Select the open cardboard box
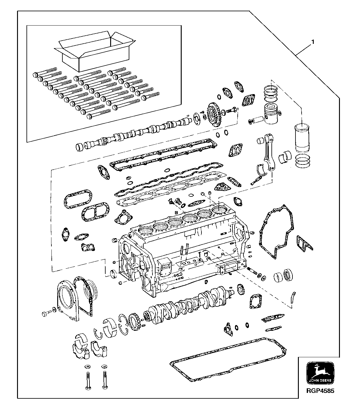point(94,50)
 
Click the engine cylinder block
point(183,250)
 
